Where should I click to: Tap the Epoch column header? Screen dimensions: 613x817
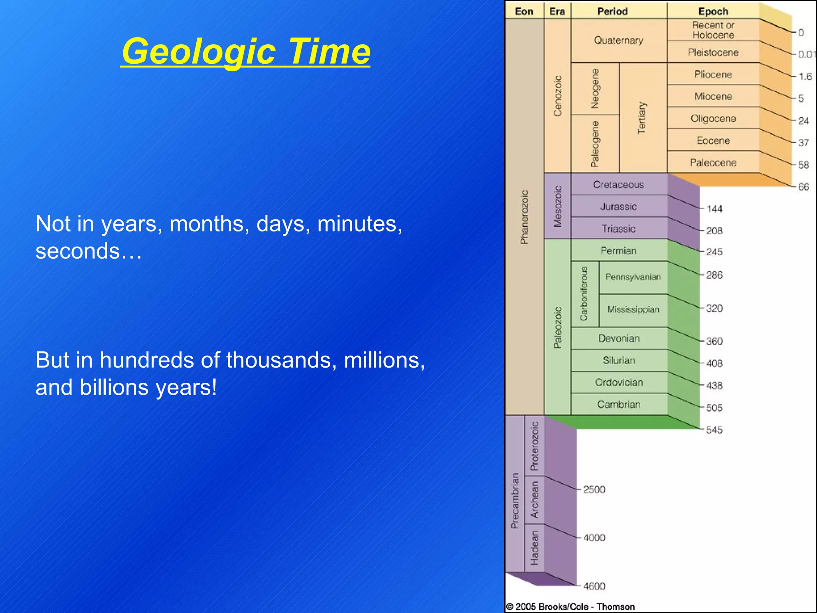[x=713, y=11]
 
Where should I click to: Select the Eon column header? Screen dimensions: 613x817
[x=524, y=11]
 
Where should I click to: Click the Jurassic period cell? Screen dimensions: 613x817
[x=618, y=206]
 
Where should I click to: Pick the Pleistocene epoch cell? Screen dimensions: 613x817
[x=713, y=52]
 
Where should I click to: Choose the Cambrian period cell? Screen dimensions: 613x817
[x=618, y=404]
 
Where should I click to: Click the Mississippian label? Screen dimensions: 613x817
[x=633, y=310]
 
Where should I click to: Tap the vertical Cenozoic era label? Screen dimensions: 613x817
[x=557, y=96]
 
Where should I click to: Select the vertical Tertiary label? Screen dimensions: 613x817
[x=641, y=118]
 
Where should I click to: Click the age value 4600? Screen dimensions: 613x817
[x=594, y=586]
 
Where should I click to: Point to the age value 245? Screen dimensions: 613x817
[x=714, y=252]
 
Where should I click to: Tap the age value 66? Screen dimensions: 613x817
[x=803, y=187]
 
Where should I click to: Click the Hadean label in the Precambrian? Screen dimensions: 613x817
[x=534, y=548]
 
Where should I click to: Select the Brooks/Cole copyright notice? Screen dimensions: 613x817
[x=570, y=607]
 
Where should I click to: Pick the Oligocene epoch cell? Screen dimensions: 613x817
[x=713, y=119]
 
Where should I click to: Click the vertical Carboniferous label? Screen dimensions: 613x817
[x=584, y=294]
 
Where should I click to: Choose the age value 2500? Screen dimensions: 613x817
[x=594, y=489]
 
